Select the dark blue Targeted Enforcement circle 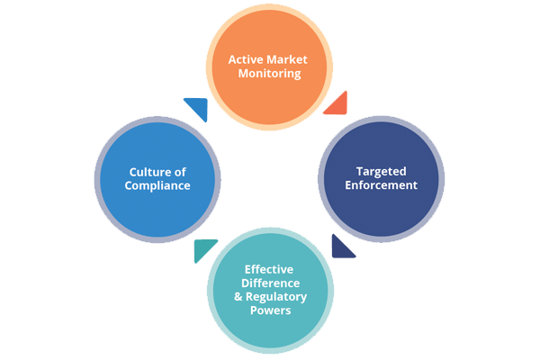pyautogui.click(x=382, y=178)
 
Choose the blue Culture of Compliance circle pyautogui.click(x=157, y=178)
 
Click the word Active pyautogui.click(x=246, y=59)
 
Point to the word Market pyautogui.click(x=289, y=59)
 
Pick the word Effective pyautogui.click(x=270, y=269)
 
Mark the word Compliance pyautogui.click(x=157, y=185)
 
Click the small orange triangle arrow pyautogui.click(x=337, y=105)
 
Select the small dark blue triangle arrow pyautogui.click(x=341, y=246)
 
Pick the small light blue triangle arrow pyautogui.click(x=198, y=108)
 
